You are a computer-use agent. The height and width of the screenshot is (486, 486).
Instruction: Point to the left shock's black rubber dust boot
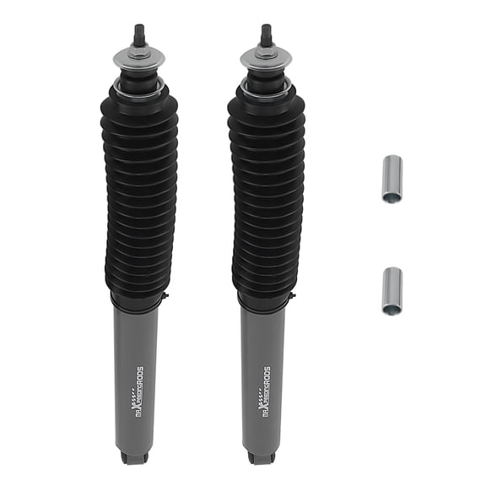click(x=138, y=194)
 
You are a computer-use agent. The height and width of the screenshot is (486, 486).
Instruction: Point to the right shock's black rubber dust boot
click(x=266, y=194)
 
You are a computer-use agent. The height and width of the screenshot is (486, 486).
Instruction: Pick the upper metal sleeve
click(x=391, y=180)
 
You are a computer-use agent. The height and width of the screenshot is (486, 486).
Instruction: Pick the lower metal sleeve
click(x=391, y=290)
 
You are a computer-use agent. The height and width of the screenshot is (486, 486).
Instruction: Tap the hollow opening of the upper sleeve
click(x=391, y=197)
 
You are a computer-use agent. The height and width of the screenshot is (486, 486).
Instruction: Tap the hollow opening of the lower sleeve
click(x=391, y=309)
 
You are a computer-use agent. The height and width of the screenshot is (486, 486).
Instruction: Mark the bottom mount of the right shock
click(x=262, y=457)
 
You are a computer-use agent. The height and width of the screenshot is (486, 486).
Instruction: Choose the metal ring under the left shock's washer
click(x=138, y=86)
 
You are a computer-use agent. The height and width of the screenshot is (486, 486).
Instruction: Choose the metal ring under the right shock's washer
click(x=266, y=86)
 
